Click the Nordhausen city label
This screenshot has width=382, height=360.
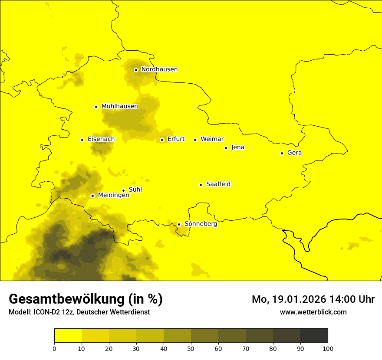(x=159, y=69)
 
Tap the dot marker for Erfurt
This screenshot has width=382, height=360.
(x=162, y=140)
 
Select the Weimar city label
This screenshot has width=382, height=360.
(x=212, y=139)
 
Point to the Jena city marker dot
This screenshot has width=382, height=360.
(x=226, y=148)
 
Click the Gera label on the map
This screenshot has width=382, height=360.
(x=294, y=153)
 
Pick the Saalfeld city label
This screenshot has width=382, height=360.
(x=218, y=184)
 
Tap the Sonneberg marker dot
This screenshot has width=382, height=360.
(x=179, y=224)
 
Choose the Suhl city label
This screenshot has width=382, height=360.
(x=135, y=190)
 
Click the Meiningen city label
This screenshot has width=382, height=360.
(x=113, y=195)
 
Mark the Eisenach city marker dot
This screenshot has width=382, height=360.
(x=82, y=140)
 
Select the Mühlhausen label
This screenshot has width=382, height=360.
(x=119, y=106)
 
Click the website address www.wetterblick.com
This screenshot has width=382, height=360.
(x=313, y=312)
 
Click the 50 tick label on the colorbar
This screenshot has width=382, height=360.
(x=191, y=348)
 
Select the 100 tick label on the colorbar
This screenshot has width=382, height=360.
(x=328, y=348)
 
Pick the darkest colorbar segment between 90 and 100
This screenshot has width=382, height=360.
(x=314, y=336)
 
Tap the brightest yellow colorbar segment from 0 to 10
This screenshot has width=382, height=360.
(x=68, y=336)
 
